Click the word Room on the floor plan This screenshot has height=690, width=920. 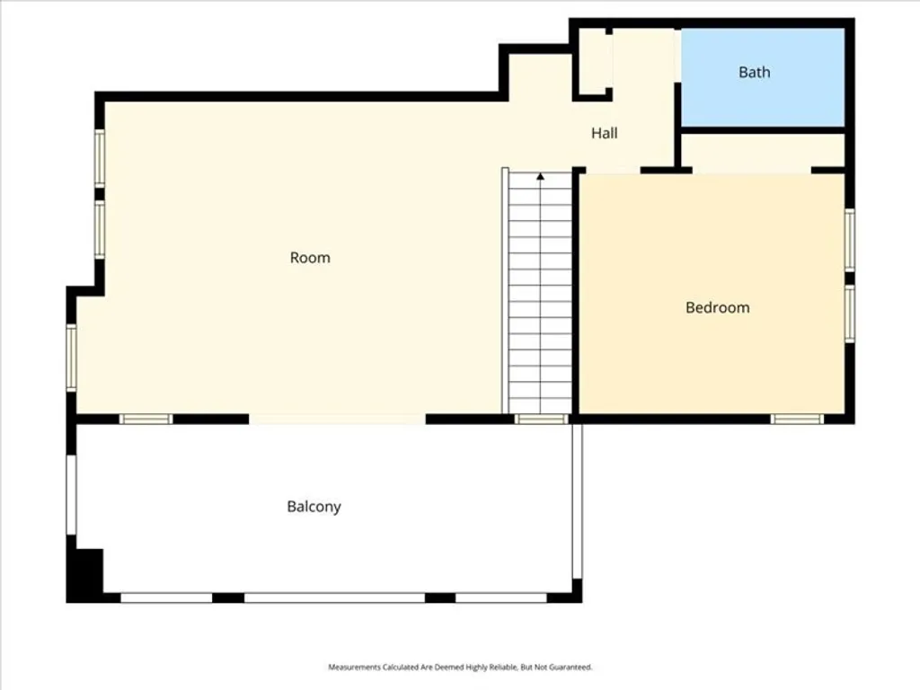coord(310,258)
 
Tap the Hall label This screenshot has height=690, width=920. coord(604,133)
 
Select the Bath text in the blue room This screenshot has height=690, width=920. coord(754,72)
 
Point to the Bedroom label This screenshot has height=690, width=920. coord(717,307)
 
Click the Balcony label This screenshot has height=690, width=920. coord(314,507)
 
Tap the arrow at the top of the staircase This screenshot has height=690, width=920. coord(540,178)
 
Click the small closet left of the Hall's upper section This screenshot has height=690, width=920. coord(592,61)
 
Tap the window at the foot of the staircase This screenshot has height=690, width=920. coord(542,419)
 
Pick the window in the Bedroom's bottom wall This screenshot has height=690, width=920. coord(797,419)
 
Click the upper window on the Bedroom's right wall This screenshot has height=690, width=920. coord(849,239)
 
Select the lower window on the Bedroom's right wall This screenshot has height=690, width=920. coord(849,314)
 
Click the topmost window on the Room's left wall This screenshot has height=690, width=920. coord(100,158)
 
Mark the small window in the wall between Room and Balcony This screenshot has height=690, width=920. coord(146,419)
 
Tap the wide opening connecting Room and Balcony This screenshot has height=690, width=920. coord(337,419)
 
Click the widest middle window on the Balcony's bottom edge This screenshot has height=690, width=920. coord(334,597)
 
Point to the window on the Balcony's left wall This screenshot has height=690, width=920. coord(71,495)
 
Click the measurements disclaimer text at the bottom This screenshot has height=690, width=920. coord(460,668)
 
